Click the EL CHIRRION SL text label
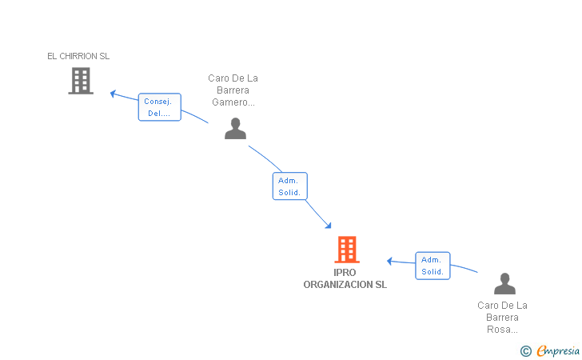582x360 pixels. point(78,56)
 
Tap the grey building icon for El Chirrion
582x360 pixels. point(81,81)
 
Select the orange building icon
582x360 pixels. point(347,250)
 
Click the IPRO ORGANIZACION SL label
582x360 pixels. point(345,278)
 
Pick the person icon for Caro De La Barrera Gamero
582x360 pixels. point(235,129)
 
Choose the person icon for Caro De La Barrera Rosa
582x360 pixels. point(504,283)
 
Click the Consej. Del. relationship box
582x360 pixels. point(160,107)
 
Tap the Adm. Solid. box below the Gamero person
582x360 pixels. point(290,186)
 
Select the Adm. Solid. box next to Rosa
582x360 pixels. point(433,266)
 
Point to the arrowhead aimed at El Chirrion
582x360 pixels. point(113,94)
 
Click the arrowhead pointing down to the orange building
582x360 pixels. point(328,225)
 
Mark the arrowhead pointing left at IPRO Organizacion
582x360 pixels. point(389,261)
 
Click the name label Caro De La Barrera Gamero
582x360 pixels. point(233,90)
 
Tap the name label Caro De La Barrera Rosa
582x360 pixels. point(502,318)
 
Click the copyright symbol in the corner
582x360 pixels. point(526,351)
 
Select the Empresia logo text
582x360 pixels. point(558,350)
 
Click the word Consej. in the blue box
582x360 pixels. point(157,102)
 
